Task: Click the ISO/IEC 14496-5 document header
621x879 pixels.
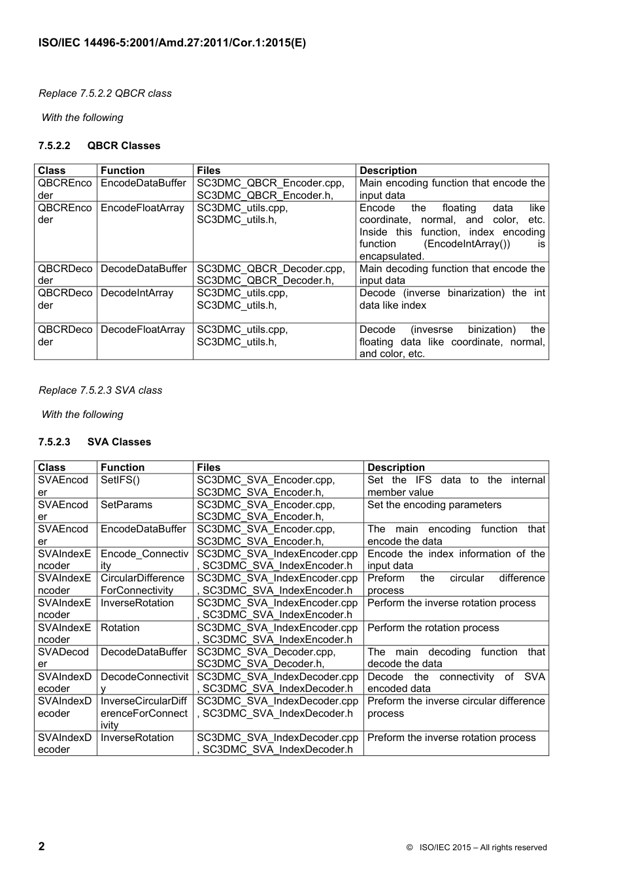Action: point(172,43)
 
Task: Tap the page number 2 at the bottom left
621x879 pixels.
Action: point(42,846)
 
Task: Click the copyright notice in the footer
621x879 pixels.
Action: point(476,848)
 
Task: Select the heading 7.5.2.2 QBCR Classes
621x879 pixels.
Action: point(99,146)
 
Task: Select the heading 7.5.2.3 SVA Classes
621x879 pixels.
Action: point(94,442)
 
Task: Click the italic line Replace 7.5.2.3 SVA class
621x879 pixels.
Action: point(100,390)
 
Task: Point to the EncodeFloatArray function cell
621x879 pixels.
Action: point(143,208)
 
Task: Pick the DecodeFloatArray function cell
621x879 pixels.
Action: point(143,330)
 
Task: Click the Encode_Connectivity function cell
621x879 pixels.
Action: point(144,560)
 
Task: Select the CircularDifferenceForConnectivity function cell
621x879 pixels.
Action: point(143,584)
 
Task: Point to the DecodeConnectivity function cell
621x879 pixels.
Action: point(144,683)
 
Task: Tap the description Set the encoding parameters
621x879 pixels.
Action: point(434,505)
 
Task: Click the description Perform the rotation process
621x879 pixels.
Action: point(433,628)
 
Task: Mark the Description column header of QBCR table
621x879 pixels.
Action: point(388,171)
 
